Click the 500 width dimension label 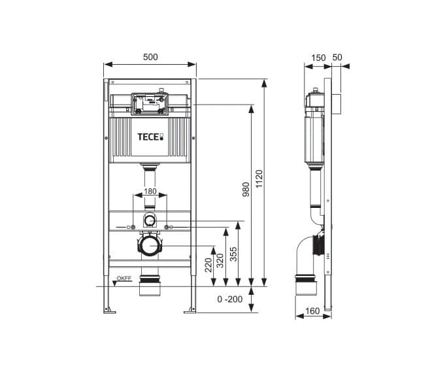pos(150,57)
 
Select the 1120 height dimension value pos(259,178)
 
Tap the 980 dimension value pos(246,190)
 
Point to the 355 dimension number pos(233,254)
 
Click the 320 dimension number pos(220,260)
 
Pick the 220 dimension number pos(208,265)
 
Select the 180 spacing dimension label pos(150,191)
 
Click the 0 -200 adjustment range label pos(230,299)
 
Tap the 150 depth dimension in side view pos(318,58)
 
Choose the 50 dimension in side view pos(337,58)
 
